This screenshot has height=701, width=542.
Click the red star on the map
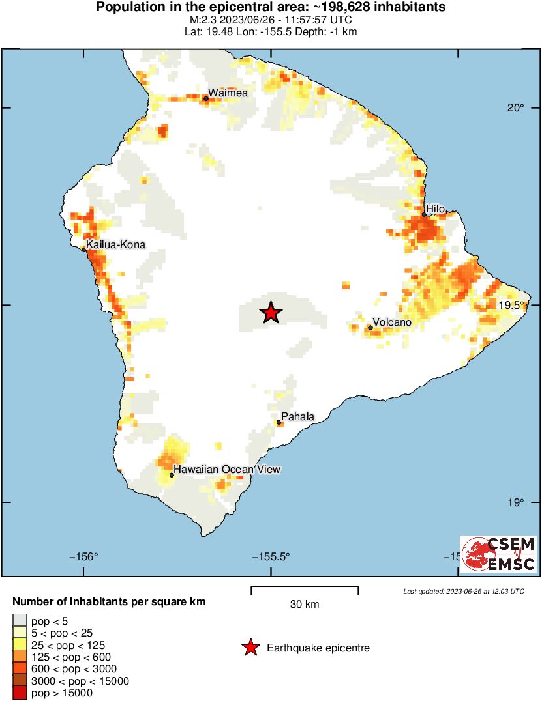(271, 313)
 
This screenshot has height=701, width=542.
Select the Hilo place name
(435, 208)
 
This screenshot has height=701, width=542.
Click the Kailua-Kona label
(115, 244)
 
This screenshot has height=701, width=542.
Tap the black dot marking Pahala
(279, 422)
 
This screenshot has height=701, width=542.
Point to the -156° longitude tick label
(83, 556)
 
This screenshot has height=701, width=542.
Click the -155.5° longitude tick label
(271, 556)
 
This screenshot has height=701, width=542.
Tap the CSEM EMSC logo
(498, 555)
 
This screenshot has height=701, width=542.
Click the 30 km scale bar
(305, 588)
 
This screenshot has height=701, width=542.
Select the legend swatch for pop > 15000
(20, 693)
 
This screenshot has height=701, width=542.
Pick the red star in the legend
(249, 648)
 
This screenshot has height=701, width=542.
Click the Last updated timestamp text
(463, 592)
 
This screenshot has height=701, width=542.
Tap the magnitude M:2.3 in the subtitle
(198, 20)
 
